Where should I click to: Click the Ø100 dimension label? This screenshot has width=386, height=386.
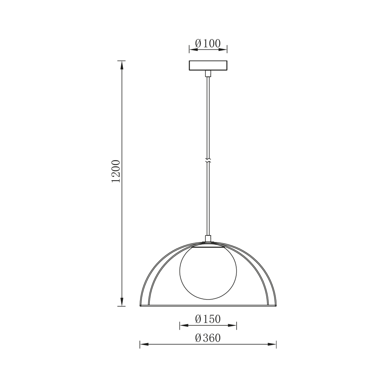coord(208,44)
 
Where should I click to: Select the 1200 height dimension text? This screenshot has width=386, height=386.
coord(116,171)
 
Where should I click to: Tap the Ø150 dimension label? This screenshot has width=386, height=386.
coord(208,319)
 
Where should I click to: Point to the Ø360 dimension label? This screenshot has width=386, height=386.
coord(208,338)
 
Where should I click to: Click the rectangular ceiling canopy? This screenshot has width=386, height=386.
coord(208,65)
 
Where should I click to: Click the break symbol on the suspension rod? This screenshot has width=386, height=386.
coord(208,161)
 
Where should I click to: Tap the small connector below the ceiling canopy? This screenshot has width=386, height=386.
coord(208,73)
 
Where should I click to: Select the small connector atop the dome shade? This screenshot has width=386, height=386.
coord(208,238)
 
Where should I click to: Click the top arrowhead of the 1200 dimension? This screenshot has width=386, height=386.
coord(122,64)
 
